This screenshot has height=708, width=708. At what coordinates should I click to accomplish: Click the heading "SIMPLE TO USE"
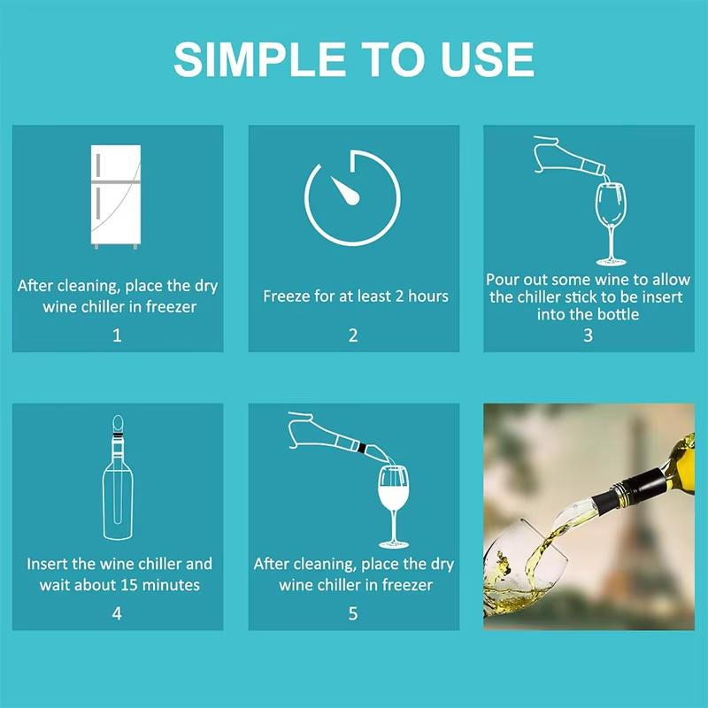[354, 59]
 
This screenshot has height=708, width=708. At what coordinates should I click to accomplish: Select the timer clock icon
[352, 197]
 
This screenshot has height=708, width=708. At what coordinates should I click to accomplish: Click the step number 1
[117, 335]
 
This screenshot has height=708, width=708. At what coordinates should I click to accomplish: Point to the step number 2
[353, 335]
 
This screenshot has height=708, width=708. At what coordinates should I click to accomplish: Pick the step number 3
[588, 335]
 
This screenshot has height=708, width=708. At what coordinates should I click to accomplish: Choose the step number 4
[117, 612]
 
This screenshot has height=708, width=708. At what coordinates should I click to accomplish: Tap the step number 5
[353, 612]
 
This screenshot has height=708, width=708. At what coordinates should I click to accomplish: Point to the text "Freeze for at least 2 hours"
[353, 296]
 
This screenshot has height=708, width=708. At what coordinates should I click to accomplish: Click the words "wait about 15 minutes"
[119, 585]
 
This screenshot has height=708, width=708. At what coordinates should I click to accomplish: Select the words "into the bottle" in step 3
[588, 313]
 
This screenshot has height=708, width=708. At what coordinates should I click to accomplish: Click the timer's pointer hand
[345, 189]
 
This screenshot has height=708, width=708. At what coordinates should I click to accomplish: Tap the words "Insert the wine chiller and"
[119, 564]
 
